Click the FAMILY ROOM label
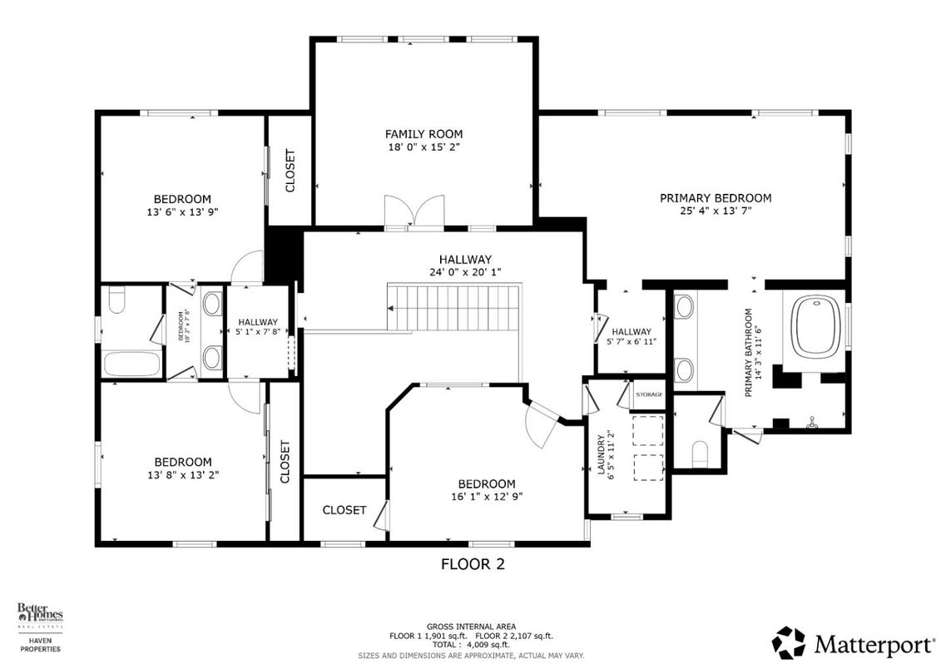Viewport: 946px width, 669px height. click(x=423, y=134)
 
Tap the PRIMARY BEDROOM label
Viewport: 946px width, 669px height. click(x=715, y=198)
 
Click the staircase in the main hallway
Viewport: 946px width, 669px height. click(x=453, y=306)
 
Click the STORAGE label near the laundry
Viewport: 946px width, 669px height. click(x=648, y=394)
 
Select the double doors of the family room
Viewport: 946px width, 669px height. click(x=414, y=211)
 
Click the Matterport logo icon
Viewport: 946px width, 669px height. click(x=788, y=642)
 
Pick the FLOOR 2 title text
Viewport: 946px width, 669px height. click(x=472, y=564)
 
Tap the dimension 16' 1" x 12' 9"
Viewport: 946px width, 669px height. click(x=486, y=497)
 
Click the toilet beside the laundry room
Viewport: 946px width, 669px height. click(x=700, y=453)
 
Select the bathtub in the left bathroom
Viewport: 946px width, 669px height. click(x=131, y=364)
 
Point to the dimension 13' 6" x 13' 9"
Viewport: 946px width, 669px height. click(x=181, y=212)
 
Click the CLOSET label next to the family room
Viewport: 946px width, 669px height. click(x=290, y=171)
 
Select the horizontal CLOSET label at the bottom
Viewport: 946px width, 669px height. click(x=344, y=510)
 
